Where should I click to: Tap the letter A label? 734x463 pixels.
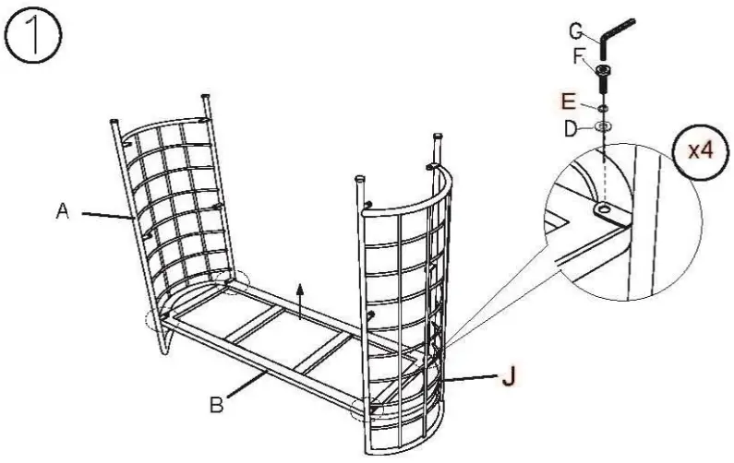[x=63, y=211]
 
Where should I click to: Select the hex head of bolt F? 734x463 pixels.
[x=603, y=71]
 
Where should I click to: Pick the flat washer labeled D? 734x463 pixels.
[x=602, y=125]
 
